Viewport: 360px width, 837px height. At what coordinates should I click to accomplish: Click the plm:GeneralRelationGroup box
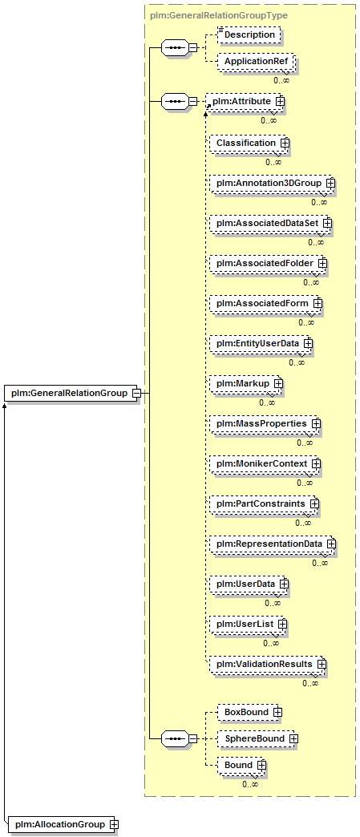[71, 394]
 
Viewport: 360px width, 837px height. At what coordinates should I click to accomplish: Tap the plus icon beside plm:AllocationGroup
[113, 825]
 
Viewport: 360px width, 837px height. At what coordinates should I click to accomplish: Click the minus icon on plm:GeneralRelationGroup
[136, 394]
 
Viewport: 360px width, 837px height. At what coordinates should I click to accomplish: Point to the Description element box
[250, 34]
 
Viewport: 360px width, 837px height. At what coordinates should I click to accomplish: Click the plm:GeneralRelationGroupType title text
[219, 16]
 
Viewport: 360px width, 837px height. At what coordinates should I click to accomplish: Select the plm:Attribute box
[245, 101]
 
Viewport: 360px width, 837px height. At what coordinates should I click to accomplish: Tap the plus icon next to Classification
[285, 143]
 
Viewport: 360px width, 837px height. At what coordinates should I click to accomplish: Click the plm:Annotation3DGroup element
[270, 183]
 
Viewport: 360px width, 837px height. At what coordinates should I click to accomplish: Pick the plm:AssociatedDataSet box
[269, 223]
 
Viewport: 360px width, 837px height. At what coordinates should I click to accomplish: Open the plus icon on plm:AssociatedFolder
[322, 263]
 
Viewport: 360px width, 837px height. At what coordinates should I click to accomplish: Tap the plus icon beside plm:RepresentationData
[331, 544]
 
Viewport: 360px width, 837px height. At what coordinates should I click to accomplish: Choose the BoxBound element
[249, 712]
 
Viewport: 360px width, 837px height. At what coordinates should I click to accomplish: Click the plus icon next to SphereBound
[293, 738]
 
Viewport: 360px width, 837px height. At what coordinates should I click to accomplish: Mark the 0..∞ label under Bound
[250, 785]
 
